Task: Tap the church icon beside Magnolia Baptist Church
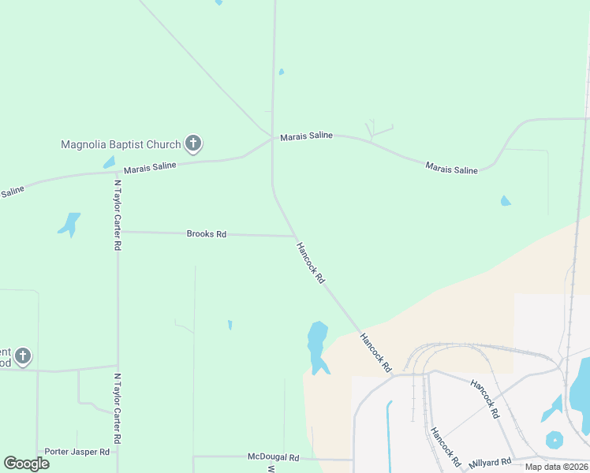point(192,143)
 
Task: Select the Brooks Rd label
point(207,234)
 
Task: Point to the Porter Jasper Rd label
point(77,452)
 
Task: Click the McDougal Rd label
point(273,457)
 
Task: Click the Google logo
point(26,464)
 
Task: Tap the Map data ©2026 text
point(556,467)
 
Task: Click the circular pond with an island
point(555,440)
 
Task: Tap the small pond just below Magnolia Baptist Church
point(109,162)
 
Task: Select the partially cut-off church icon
point(22,356)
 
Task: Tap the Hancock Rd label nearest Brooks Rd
point(310,263)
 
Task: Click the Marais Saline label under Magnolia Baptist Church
point(150,167)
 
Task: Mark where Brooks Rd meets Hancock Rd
point(295,236)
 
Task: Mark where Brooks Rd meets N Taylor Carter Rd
point(118,232)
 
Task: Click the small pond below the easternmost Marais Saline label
point(505,201)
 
